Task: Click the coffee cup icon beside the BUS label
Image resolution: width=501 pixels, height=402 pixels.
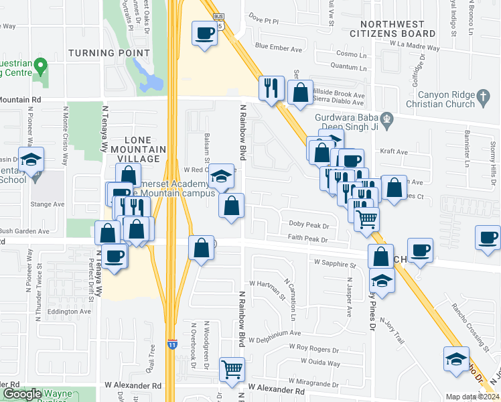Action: click(204, 32)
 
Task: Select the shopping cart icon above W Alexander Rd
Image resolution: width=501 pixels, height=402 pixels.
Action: click(232, 368)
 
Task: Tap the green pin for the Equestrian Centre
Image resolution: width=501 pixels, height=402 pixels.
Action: click(40, 66)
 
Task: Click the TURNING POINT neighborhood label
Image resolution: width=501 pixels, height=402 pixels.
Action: click(109, 53)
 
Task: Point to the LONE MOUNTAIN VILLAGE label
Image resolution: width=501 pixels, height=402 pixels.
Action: click(127, 148)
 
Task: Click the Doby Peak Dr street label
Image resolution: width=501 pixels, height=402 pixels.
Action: click(308, 224)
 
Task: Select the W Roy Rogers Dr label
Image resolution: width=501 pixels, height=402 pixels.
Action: click(314, 348)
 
